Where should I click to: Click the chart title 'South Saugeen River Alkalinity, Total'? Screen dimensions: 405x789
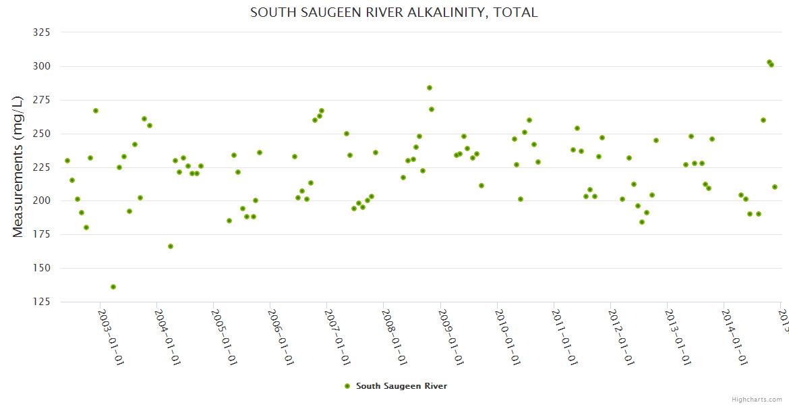(394, 13)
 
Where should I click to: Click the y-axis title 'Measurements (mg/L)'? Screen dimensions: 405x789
(18, 166)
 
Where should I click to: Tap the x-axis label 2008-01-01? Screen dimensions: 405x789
(394, 337)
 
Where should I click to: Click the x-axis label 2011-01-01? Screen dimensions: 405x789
(564, 337)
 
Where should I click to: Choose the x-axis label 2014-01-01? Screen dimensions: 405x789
(734, 337)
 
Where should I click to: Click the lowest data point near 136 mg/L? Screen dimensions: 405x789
(113, 287)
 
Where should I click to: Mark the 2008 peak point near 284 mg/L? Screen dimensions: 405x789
(430, 88)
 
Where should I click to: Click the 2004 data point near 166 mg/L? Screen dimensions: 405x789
(171, 246)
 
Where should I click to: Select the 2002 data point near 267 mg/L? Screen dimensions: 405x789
(96, 111)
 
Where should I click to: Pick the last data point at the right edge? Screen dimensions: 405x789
(775, 187)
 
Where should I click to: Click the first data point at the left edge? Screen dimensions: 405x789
(67, 161)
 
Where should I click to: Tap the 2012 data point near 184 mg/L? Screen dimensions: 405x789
(642, 222)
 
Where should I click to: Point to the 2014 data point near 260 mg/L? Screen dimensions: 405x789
(763, 120)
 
